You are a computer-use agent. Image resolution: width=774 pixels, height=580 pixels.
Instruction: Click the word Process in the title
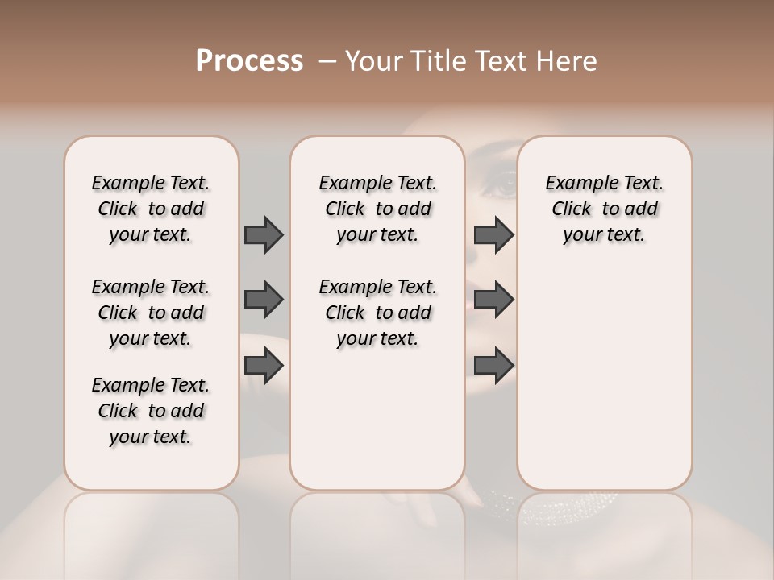249,61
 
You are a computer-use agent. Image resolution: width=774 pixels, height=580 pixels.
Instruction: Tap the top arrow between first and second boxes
264,234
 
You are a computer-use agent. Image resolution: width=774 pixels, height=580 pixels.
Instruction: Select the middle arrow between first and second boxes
264,300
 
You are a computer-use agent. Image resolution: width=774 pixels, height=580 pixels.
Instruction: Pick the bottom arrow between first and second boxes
264,366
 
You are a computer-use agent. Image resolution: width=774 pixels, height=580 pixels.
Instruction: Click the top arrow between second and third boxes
493,234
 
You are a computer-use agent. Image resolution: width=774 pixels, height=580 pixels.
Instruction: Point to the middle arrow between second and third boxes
493,300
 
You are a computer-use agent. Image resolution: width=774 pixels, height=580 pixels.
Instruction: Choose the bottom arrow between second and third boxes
493,366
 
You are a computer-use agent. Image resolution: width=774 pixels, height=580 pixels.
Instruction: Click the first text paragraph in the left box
151,209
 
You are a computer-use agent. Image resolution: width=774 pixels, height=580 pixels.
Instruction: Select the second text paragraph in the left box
151,313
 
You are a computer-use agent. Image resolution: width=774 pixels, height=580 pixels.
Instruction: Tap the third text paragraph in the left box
151,411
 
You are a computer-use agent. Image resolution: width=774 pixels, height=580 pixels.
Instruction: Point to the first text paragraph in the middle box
377,209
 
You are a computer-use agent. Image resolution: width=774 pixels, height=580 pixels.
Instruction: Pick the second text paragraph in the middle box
377,313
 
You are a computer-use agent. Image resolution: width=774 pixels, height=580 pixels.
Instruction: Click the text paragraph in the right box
605,209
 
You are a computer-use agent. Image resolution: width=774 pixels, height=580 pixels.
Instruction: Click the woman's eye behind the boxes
501,187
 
